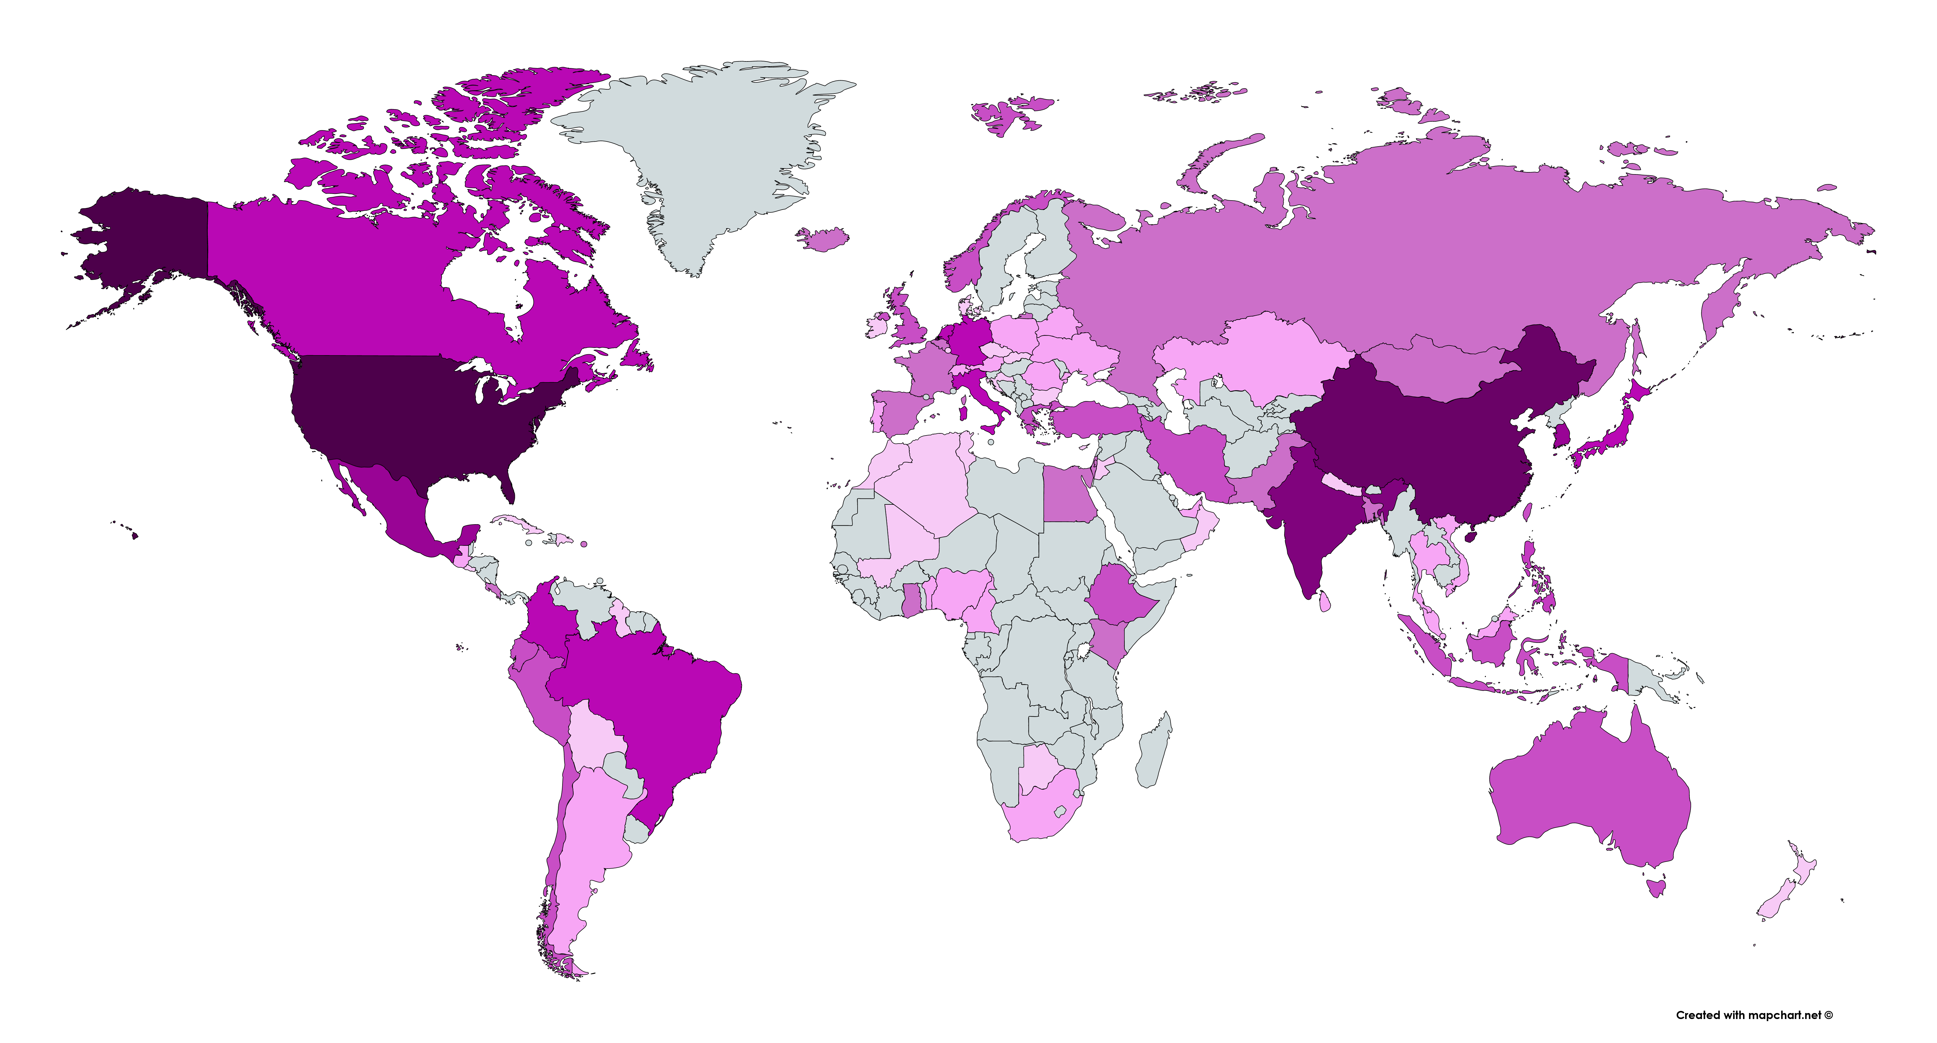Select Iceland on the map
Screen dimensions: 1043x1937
click(823, 239)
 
